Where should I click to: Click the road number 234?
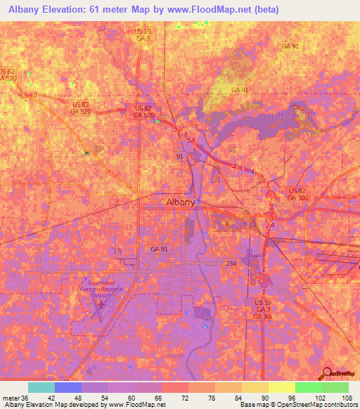(231, 263)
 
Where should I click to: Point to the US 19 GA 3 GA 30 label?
(263, 309)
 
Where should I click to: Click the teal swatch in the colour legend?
(41, 387)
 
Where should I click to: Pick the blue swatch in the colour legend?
(67, 387)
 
